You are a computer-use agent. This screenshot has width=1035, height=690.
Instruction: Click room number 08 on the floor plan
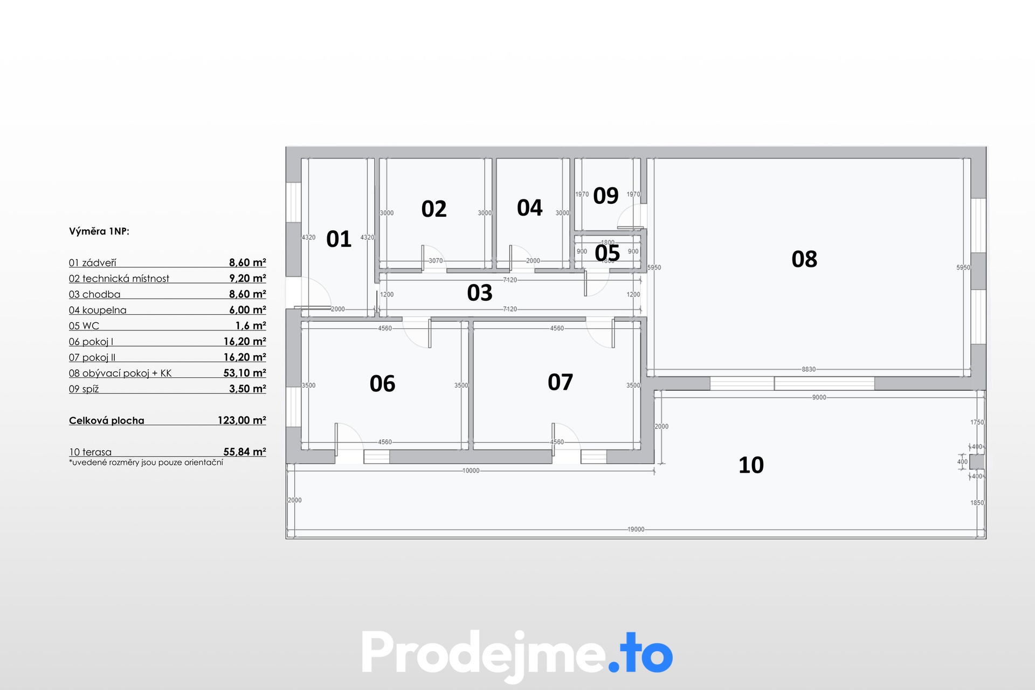(x=804, y=259)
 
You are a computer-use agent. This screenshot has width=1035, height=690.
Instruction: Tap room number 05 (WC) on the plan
(x=608, y=253)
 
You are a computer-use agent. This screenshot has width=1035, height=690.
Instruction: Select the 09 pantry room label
(x=606, y=196)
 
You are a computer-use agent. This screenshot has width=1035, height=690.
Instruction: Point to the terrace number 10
(x=751, y=465)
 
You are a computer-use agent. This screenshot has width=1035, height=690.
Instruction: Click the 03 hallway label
(x=480, y=293)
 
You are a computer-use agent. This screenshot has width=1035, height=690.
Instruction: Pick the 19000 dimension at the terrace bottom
(x=636, y=529)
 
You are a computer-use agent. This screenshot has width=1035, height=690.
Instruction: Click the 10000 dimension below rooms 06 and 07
(x=471, y=471)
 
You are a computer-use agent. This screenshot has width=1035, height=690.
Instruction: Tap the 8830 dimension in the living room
(x=809, y=369)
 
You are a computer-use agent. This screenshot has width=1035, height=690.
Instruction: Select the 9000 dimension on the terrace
(x=819, y=397)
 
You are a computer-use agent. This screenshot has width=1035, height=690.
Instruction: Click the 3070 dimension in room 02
(x=436, y=261)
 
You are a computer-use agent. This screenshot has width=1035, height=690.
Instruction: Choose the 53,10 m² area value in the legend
(x=245, y=373)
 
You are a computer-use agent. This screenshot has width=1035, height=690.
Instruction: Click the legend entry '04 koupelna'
(x=98, y=310)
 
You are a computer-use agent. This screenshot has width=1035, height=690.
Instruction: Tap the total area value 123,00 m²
(x=242, y=420)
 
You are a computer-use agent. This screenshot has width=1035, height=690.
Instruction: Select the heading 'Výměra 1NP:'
(x=99, y=231)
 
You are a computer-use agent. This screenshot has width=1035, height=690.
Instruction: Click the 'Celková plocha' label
(x=107, y=420)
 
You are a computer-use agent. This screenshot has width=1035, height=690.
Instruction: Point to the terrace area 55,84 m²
(x=245, y=452)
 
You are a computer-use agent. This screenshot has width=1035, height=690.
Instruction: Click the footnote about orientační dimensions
(x=146, y=463)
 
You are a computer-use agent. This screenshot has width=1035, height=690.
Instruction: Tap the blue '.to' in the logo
(x=640, y=653)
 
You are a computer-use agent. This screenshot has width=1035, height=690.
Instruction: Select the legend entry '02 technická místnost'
(x=119, y=279)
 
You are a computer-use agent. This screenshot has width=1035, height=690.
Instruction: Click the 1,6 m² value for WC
(x=251, y=326)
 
